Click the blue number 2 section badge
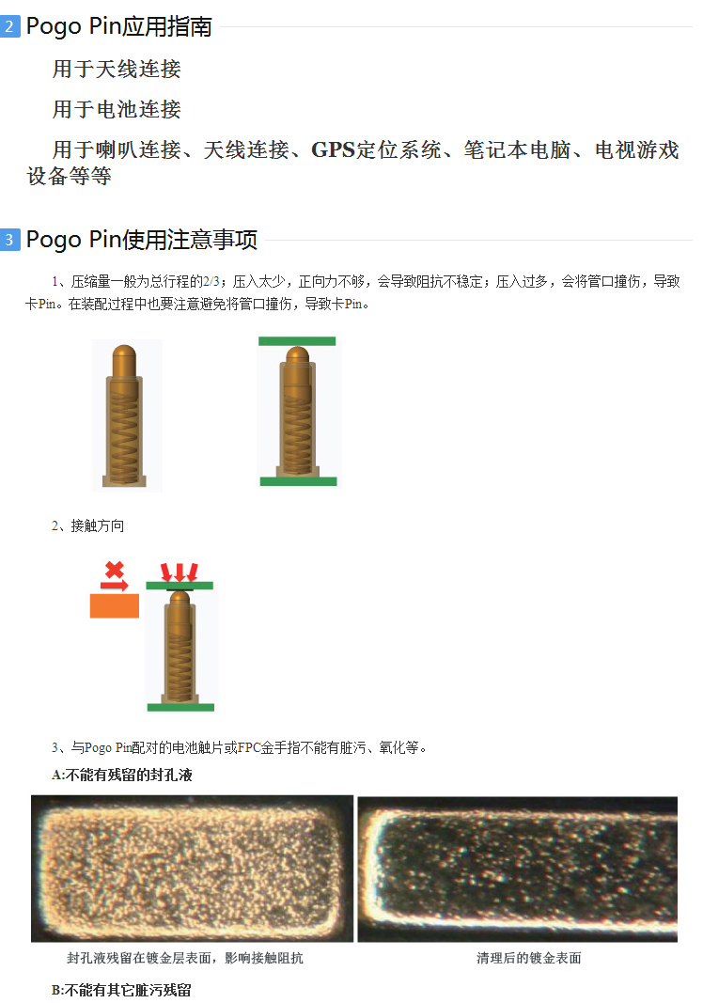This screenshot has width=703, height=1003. [9, 26]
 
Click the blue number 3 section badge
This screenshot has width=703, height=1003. [9, 240]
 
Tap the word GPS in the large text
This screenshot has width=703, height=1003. [333, 149]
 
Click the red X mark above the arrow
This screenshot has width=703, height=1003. [115, 570]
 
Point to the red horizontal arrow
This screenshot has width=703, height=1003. [115, 585]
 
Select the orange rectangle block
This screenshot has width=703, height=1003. [115, 605]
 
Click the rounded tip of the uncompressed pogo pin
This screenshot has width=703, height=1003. [124, 353]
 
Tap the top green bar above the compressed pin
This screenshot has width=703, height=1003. [297, 341]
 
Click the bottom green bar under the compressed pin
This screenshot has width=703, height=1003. [298, 481]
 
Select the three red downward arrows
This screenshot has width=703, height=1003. [180, 572]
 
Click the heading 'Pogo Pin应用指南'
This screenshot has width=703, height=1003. [119, 26]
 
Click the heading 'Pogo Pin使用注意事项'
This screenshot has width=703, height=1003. [142, 240]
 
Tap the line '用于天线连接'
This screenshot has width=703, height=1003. [117, 69]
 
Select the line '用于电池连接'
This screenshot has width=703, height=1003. [117, 109]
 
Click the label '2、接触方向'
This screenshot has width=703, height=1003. [88, 525]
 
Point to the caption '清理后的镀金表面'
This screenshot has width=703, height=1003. [528, 958]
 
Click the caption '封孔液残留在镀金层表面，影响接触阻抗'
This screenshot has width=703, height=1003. [185, 958]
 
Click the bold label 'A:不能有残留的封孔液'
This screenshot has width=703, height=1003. [121, 776]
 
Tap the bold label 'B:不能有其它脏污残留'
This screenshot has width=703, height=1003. [121, 990]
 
